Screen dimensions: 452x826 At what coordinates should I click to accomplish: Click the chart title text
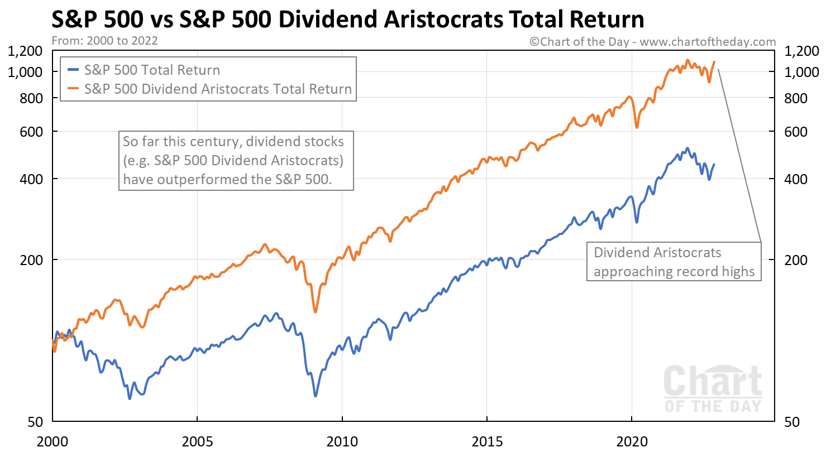pos(347,20)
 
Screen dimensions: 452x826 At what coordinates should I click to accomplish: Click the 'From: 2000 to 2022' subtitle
pos(104,41)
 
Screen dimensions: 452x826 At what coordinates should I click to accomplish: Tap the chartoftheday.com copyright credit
pos(652,41)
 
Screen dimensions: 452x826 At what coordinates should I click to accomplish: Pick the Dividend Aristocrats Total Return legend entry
pos(217,89)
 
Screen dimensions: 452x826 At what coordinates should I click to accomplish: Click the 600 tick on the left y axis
pos(33,132)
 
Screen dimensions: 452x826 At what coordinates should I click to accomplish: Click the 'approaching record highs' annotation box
pos(674,262)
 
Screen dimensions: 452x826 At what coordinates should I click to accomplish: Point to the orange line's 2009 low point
pos(316,311)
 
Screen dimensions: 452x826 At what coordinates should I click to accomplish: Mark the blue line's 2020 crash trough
pos(637,222)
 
